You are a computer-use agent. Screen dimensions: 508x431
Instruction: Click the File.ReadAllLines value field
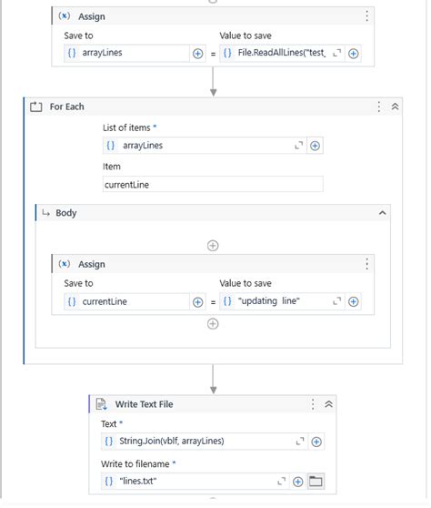(x=277, y=54)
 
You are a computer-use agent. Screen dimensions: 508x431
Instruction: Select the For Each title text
(x=66, y=107)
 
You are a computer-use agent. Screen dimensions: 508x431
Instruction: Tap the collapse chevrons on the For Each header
(x=396, y=107)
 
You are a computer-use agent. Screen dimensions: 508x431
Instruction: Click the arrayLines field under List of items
(x=200, y=146)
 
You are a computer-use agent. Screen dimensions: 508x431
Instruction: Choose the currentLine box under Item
(x=213, y=185)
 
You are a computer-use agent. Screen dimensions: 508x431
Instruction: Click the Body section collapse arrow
(x=383, y=213)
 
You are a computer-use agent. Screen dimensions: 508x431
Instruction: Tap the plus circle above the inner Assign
(x=213, y=245)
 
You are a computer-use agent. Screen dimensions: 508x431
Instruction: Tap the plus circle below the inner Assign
(x=213, y=323)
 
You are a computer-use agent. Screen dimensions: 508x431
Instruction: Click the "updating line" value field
(x=277, y=301)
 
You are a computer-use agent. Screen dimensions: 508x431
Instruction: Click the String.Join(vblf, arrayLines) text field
(x=200, y=442)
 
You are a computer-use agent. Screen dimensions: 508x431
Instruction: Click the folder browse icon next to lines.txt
(x=316, y=481)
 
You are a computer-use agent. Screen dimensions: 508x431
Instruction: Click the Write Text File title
(x=144, y=404)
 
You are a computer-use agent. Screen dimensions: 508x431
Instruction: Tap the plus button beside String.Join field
(x=316, y=442)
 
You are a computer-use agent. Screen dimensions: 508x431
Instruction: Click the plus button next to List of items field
(x=315, y=146)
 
